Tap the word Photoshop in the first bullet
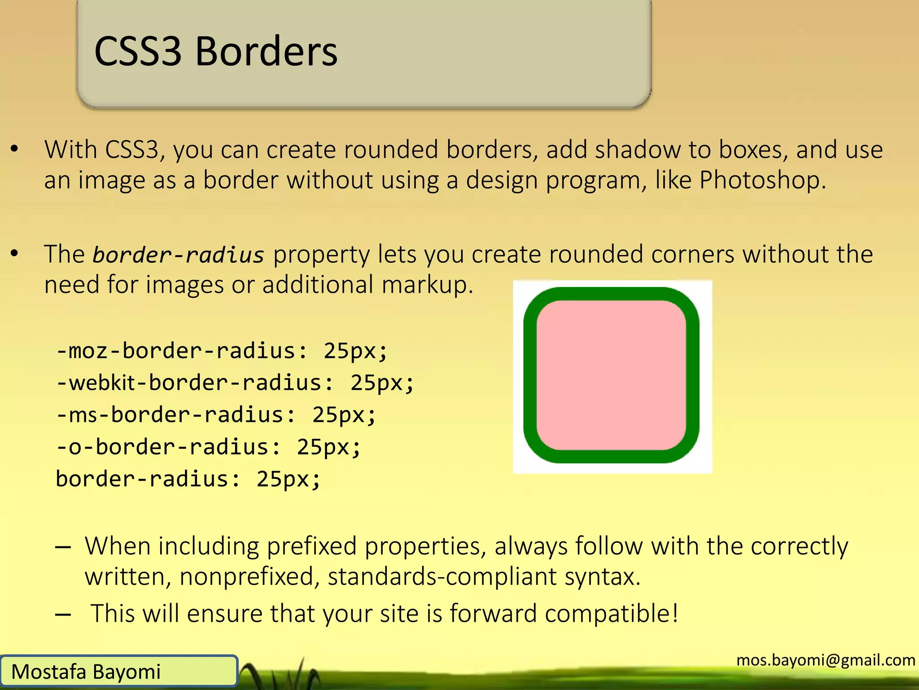point(761,180)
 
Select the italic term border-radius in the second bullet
point(178,255)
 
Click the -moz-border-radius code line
point(222,351)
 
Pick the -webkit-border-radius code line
point(235,383)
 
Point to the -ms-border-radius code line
point(216,415)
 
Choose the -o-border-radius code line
point(208,447)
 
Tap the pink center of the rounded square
point(611,375)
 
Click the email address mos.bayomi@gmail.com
point(826,660)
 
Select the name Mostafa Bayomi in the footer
point(86,672)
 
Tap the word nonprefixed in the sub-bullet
point(249,576)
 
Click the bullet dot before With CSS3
point(15,149)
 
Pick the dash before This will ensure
point(63,614)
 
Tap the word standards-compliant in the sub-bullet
point(442,576)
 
